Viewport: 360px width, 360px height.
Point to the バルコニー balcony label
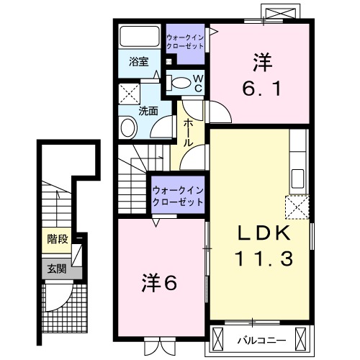262,338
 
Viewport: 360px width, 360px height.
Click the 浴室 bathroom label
139,63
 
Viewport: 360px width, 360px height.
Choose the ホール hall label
188,132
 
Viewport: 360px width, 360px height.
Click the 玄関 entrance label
57,270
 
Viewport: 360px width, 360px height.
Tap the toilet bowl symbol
181,81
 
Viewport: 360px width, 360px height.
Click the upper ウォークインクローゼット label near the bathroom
185,42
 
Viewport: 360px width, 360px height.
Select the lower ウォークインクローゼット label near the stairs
177,196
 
